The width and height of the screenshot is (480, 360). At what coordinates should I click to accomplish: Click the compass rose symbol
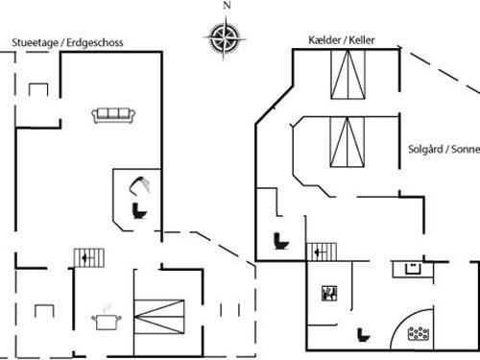pos(225,37)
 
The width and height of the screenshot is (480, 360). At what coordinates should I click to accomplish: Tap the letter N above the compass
pos(227,6)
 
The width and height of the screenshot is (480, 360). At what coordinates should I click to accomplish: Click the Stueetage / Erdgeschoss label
pos(67,43)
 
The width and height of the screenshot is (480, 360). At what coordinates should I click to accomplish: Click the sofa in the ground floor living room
pos(112,115)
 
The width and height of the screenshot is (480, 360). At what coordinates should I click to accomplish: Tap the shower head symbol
pos(140,182)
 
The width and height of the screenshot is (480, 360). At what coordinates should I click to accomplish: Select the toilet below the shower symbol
pos(136,209)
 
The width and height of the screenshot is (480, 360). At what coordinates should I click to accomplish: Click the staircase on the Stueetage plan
pos(87,257)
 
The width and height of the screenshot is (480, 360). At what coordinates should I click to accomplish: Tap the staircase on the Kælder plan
pos(322,252)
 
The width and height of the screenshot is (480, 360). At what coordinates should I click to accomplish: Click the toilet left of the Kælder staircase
pos(281,240)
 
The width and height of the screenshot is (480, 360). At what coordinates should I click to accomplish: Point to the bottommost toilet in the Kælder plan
pos(363,335)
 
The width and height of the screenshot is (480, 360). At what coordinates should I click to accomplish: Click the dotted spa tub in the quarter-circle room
pos(419,333)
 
